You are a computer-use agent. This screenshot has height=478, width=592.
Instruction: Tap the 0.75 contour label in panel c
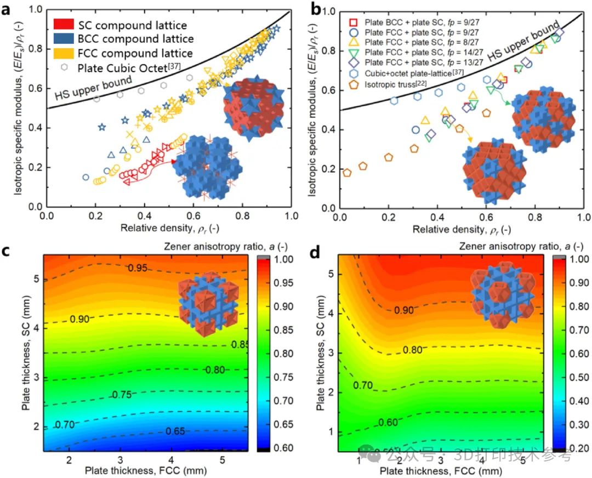(123, 394)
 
